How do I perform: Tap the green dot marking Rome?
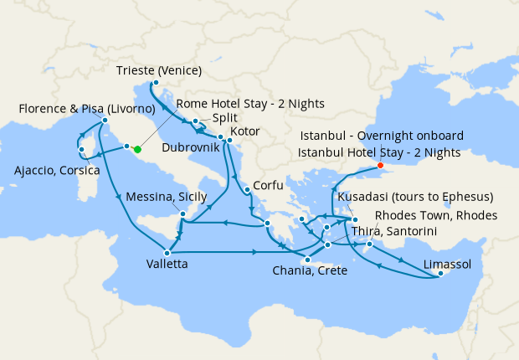pyautogui.click(x=136, y=149)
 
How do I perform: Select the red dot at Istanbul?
pyautogui.click(x=381, y=165)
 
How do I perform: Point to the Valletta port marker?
pyautogui.click(x=168, y=253)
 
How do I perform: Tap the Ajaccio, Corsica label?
pyautogui.click(x=57, y=171)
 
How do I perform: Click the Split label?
pyautogui.click(x=224, y=118)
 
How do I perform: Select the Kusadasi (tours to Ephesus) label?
pyautogui.click(x=414, y=197)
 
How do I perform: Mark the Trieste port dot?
pyautogui.click(x=156, y=83)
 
